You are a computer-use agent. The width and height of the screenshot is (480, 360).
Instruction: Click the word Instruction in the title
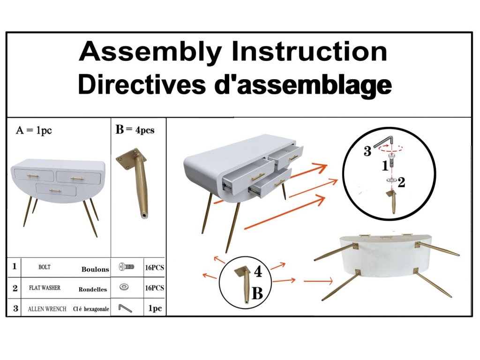point(309,52)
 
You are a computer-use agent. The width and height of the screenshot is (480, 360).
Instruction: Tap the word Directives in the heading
point(142,84)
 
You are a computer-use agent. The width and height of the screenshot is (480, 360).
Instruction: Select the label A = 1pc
point(34,130)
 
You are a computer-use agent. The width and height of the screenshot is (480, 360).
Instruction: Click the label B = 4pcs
point(135,130)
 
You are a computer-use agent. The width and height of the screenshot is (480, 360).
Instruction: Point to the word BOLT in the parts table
point(45,267)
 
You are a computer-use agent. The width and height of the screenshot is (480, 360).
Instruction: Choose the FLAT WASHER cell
point(45,288)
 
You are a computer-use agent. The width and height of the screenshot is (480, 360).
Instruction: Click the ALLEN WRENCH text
point(47,309)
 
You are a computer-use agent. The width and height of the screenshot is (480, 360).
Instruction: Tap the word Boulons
point(95,270)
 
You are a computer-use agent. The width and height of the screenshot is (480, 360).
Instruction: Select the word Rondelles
point(93,289)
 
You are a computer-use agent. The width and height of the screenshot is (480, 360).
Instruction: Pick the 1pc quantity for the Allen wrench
point(155,308)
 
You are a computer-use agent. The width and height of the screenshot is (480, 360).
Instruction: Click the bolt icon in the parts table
point(127,267)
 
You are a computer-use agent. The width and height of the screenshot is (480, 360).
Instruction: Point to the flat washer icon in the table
point(124,287)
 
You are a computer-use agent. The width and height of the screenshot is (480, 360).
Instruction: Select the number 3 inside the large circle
point(367,151)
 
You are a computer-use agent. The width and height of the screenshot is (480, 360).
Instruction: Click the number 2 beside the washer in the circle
point(401,182)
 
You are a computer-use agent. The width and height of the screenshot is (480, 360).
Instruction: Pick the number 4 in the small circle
point(258,271)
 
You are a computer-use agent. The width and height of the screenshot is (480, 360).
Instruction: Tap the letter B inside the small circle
point(257,293)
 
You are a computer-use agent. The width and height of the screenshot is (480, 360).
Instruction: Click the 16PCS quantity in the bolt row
point(155,268)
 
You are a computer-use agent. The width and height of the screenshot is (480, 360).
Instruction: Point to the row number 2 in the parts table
point(15,288)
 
